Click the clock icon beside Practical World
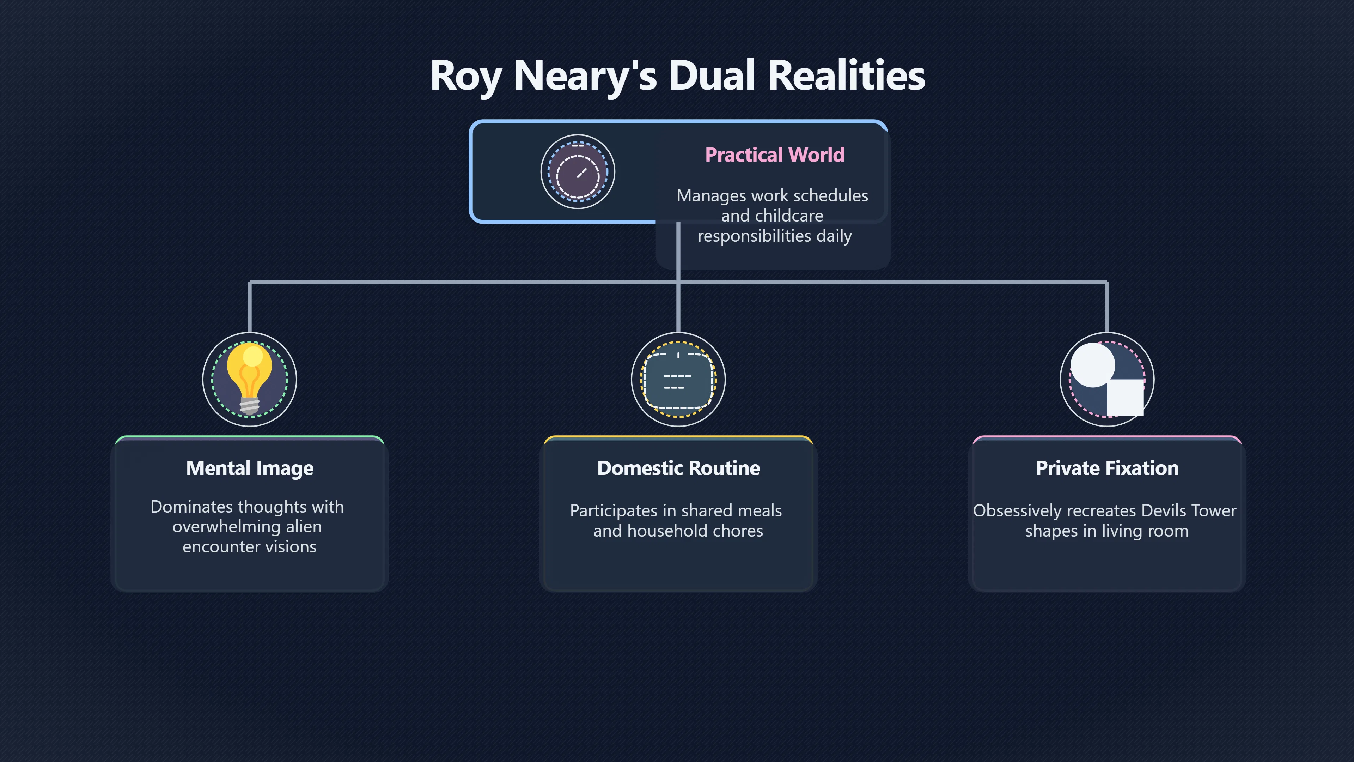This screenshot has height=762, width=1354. [578, 171]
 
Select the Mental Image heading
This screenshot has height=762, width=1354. [250, 468]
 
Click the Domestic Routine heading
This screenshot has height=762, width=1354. [678, 468]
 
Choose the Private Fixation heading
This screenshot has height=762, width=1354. [1107, 468]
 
